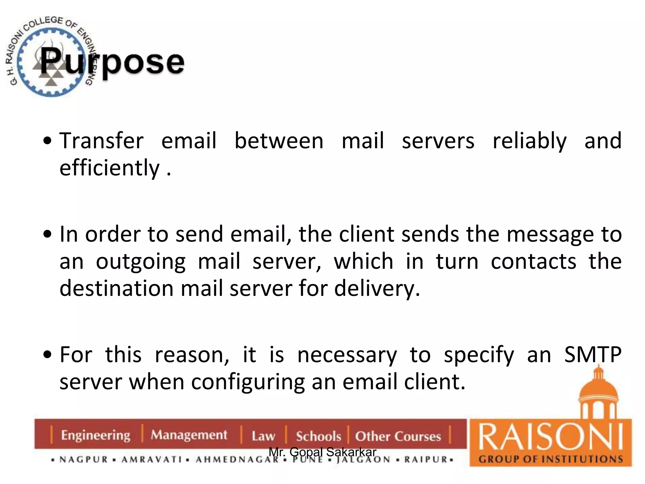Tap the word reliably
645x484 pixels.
coord(529,141)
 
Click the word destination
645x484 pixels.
coord(116,288)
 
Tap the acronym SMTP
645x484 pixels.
coord(592,355)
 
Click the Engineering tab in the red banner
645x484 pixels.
coord(95,435)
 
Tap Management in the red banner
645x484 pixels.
coord(189,435)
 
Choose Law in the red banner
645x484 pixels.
coord(263,436)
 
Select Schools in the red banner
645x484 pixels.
coord(318,436)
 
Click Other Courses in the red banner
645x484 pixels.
coord(398,436)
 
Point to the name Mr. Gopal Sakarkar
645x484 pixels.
coord(322,452)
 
